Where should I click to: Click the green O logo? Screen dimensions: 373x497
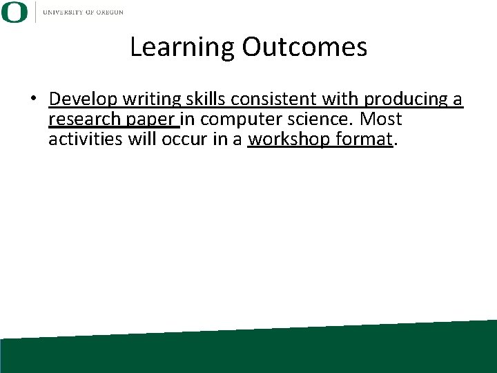(x=14, y=12)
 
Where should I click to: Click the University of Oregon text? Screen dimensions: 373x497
(x=84, y=12)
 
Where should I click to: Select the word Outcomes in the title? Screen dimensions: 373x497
(x=304, y=47)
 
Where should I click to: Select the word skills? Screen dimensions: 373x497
(x=202, y=99)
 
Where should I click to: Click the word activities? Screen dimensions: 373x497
(x=84, y=140)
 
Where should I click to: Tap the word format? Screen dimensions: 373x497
(x=363, y=140)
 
